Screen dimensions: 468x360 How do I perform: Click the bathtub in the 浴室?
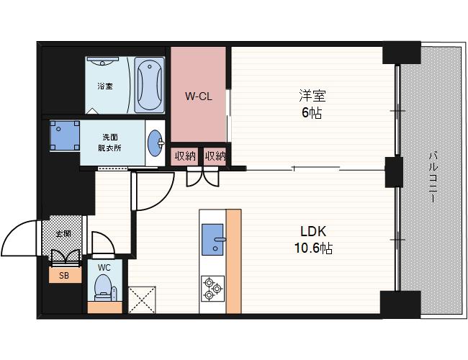point(149,85)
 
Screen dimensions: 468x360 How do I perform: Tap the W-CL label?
point(199,96)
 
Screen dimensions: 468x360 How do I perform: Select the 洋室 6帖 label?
point(312,104)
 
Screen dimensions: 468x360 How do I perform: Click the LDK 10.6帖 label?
point(313,240)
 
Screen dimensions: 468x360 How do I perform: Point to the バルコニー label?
point(433,177)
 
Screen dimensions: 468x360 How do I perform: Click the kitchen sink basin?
point(212,240)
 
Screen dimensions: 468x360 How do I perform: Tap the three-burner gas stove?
point(212,288)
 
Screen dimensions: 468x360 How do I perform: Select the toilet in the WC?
point(103,288)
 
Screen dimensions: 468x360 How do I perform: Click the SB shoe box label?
point(64,276)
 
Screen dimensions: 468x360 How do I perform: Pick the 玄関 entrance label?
point(64,233)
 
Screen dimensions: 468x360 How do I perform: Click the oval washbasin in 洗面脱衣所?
point(156,143)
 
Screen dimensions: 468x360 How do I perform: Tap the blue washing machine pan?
point(65,135)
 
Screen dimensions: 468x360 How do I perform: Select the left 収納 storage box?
point(185,156)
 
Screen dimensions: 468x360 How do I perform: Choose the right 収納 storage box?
point(215,156)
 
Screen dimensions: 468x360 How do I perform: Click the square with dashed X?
point(142,300)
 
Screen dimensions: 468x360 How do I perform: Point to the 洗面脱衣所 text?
point(110,143)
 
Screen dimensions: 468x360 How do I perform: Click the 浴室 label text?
point(105,86)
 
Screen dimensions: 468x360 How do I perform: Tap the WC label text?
point(104,267)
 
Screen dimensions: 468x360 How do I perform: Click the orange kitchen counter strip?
point(233,261)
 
